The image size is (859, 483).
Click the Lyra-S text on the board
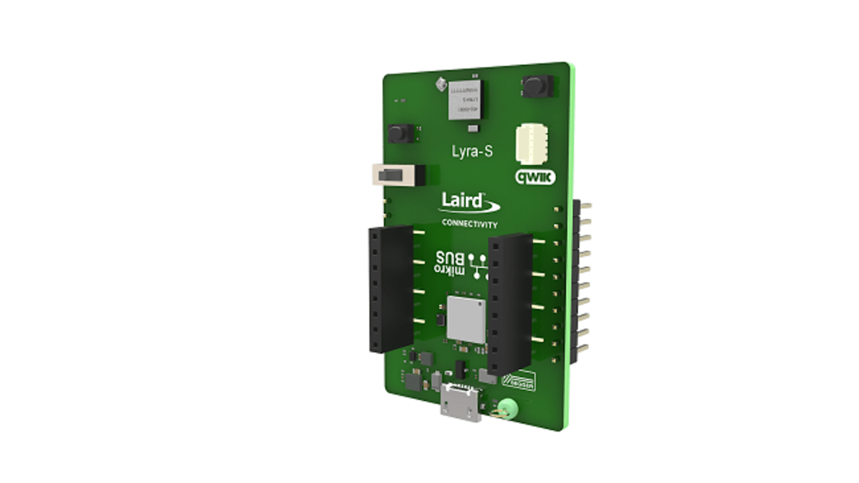click(472, 151)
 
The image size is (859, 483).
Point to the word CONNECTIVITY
click(469, 223)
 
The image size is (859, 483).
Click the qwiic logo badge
click(535, 177)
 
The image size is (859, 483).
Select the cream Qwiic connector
click(532, 144)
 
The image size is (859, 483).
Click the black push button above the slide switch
click(401, 133)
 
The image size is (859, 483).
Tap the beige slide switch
click(395, 175)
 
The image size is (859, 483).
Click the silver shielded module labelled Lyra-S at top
click(465, 100)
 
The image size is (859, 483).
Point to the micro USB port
click(461, 402)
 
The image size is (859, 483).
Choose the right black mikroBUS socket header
click(510, 304)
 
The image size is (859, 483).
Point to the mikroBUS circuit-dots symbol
click(479, 266)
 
